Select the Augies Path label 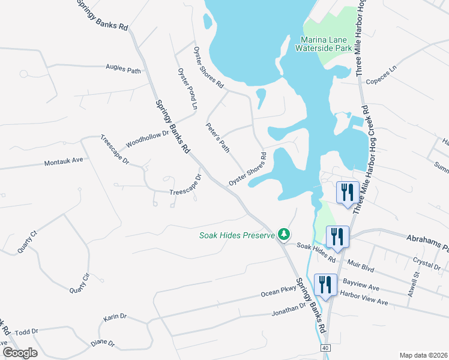[x=123, y=70]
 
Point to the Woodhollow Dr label [x=147, y=140]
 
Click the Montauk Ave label [x=63, y=162]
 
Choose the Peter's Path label [x=218, y=137]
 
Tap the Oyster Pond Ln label [x=187, y=88]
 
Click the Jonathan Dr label [x=289, y=310]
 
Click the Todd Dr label [x=26, y=331]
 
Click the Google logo [x=20, y=353]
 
